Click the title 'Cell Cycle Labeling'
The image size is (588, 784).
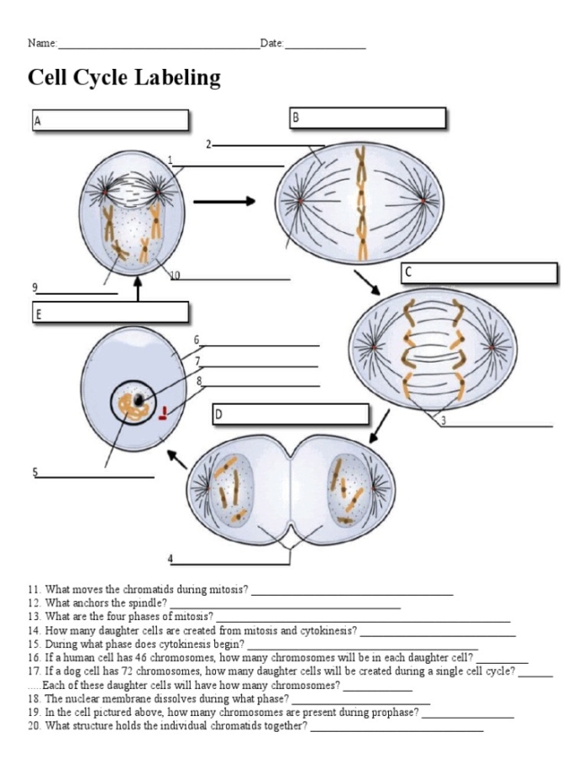tap(124, 78)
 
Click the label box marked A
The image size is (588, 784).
tap(110, 120)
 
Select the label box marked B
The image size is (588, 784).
tap(367, 118)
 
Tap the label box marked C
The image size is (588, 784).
tap(479, 273)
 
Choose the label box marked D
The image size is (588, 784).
tap(291, 414)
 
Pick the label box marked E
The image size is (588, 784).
tap(110, 313)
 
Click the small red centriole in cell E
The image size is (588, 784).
tap(166, 412)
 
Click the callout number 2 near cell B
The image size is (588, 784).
tap(208, 145)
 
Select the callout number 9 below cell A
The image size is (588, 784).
tap(34, 287)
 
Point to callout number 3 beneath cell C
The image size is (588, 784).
tap(443, 421)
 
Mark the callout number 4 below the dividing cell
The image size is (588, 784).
tap(171, 558)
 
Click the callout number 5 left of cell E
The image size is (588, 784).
tap(35, 472)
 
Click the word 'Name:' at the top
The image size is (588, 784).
tap(42, 43)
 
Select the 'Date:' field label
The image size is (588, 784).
tap(272, 43)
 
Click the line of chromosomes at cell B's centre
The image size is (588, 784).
tap(361, 203)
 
